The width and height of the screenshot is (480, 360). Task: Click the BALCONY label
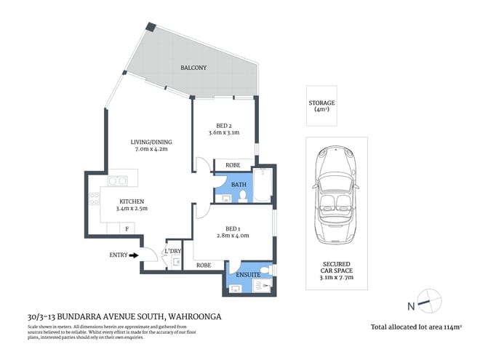pyautogui.click(x=193, y=68)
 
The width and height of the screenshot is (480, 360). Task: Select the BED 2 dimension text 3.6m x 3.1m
pyautogui.click(x=223, y=133)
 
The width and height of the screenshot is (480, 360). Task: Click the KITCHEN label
pyautogui.click(x=132, y=201)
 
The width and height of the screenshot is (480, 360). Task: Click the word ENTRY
pyautogui.click(x=117, y=255)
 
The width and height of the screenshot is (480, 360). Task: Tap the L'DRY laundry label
pyautogui.click(x=173, y=251)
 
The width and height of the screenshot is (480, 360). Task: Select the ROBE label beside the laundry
pyautogui.click(x=204, y=265)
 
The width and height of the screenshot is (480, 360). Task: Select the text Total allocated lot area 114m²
pyautogui.click(x=417, y=328)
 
